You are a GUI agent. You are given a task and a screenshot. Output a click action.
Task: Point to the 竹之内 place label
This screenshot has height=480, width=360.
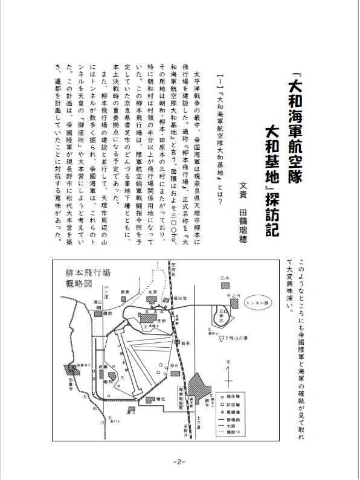(225, 295)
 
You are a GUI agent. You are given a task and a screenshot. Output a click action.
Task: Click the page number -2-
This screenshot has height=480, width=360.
(179, 462)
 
